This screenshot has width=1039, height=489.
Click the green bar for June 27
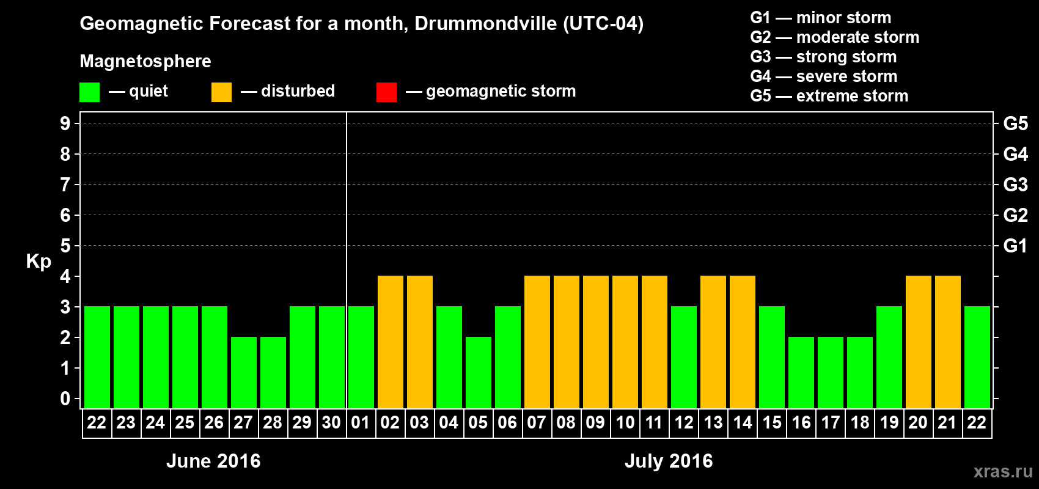(244, 372)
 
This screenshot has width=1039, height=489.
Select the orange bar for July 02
(391, 342)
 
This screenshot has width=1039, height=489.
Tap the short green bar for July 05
(479, 372)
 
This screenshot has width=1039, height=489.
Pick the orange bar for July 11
(655, 342)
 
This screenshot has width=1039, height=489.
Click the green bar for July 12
(684, 357)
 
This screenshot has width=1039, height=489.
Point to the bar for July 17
(831, 372)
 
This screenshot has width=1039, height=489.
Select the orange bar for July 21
(948, 342)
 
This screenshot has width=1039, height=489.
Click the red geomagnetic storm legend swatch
(386, 92)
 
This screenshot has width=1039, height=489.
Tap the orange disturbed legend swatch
(221, 92)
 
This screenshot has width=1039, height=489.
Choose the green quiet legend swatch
(89, 92)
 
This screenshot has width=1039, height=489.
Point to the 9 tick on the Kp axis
(65, 123)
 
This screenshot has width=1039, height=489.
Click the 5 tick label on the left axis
(65, 246)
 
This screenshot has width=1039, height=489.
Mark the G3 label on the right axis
(1015, 185)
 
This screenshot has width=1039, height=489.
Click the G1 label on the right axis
(1015, 246)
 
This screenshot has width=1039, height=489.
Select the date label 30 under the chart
(331, 423)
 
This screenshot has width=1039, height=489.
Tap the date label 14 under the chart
(743, 423)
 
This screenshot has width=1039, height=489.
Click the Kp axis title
(39, 261)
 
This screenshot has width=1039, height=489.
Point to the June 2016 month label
(213, 461)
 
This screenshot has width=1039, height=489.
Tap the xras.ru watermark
(1003, 471)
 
